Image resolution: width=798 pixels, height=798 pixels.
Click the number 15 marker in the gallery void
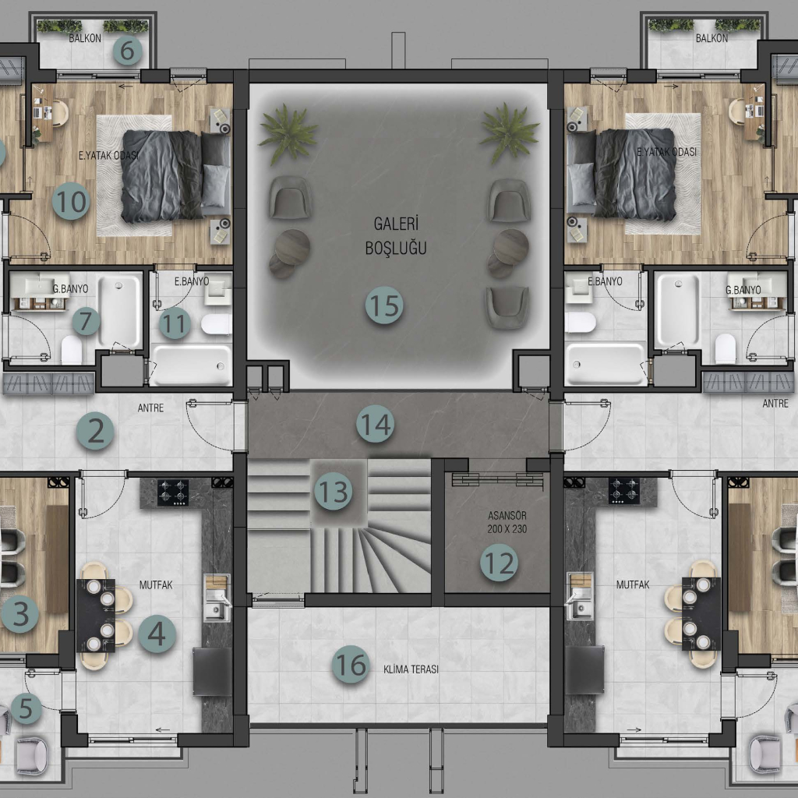tap(384, 305)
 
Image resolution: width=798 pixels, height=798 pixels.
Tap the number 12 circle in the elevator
tap(500, 563)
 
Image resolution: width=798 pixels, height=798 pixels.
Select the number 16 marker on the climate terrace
tap(351, 664)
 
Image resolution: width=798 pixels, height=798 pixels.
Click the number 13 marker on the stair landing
tap(334, 492)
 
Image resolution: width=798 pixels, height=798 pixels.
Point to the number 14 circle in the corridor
tap(375, 424)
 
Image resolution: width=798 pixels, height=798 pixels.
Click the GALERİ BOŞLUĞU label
tap(396, 235)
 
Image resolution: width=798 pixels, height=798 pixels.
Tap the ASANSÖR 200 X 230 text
tap(507, 522)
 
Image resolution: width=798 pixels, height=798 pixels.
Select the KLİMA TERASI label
tap(411, 669)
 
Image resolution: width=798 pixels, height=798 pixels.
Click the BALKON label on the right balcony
tap(711, 38)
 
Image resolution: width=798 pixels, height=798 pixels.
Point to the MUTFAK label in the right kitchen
tap(633, 584)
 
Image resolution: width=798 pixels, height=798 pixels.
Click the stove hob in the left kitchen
tap(173, 493)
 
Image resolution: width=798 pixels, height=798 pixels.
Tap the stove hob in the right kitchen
tap(624, 491)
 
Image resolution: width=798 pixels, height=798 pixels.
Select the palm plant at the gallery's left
tap(287, 133)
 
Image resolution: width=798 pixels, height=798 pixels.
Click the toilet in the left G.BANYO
tap(71, 350)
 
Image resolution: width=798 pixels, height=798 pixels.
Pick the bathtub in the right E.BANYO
tap(605, 364)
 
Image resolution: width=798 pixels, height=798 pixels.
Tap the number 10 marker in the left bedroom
tap(71, 201)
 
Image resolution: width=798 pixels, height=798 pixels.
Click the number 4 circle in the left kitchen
tap(157, 634)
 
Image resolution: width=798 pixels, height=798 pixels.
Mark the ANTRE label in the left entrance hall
tap(150, 408)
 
